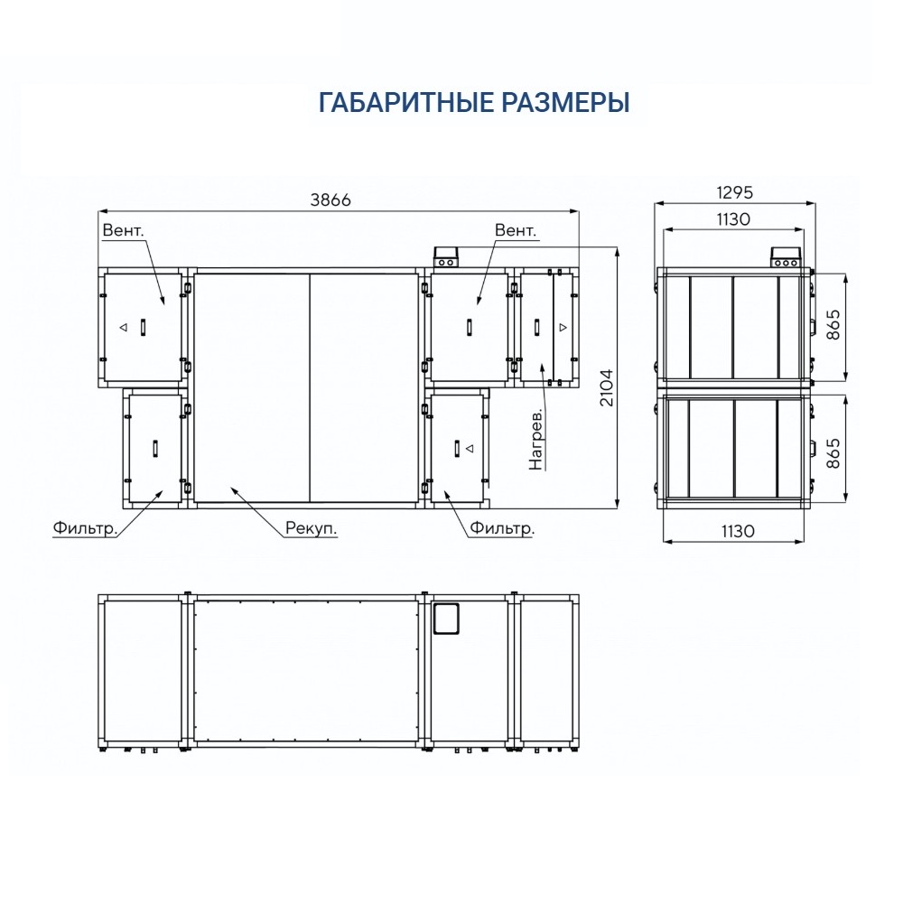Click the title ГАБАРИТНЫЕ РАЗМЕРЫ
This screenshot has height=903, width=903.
(474, 103)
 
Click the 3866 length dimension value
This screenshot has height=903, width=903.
(330, 200)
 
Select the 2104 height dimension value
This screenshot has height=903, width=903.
(608, 387)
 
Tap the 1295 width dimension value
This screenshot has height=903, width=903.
(734, 192)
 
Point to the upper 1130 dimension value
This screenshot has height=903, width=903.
(733, 219)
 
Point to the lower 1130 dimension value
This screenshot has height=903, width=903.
(738, 531)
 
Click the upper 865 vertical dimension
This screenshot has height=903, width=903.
(833, 324)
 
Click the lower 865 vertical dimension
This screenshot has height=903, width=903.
(833, 453)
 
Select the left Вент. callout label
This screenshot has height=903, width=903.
(123, 230)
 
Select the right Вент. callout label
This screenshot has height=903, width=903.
(516, 230)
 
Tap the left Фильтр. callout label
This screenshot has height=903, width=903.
(85, 528)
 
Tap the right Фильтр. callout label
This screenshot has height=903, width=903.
(502, 528)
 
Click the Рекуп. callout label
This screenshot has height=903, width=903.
(311, 528)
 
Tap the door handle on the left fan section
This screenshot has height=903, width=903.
(144, 327)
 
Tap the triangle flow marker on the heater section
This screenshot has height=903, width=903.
(563, 327)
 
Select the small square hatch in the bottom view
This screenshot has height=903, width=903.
(446, 619)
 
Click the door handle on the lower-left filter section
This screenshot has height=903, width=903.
(155, 448)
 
